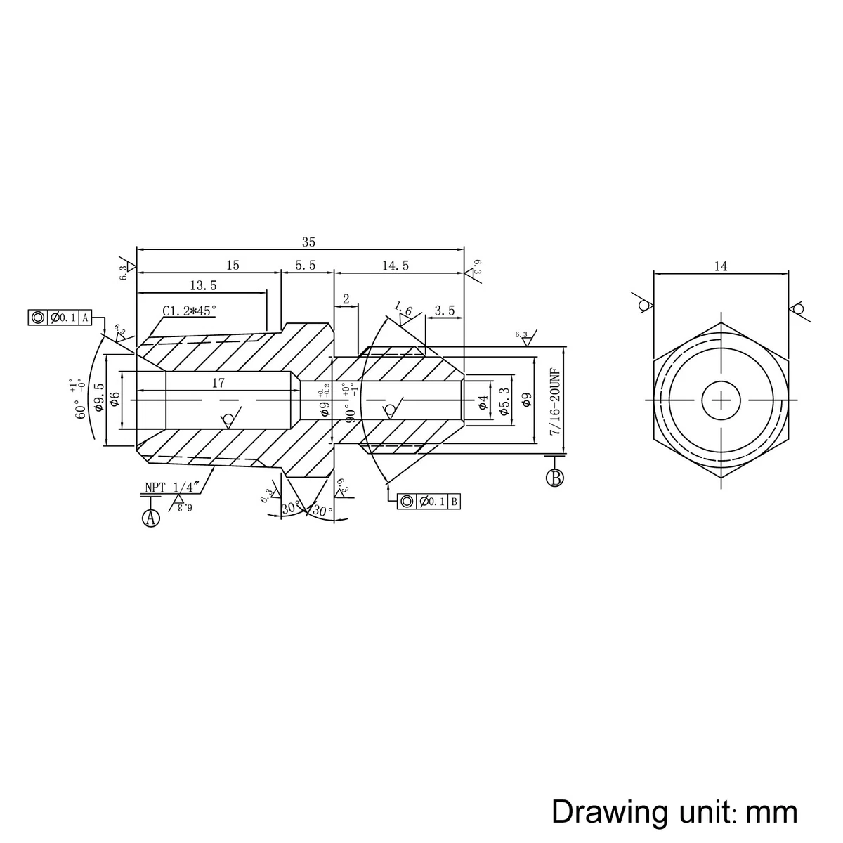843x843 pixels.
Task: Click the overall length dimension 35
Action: (308, 242)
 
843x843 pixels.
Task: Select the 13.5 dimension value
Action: (204, 285)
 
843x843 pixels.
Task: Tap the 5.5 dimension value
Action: (306, 266)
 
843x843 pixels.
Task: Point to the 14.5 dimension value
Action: (396, 266)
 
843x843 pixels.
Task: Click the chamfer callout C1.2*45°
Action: (190, 311)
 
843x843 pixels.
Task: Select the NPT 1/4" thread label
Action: (173, 486)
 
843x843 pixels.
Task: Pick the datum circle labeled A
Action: (151, 518)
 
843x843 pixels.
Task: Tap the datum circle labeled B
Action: (555, 478)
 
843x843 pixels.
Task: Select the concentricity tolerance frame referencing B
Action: (429, 501)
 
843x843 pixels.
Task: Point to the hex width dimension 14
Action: (721, 266)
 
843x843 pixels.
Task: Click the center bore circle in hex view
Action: (721, 400)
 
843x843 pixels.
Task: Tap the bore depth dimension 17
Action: (218, 384)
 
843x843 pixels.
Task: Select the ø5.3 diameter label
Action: (504, 402)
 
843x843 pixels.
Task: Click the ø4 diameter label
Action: (483, 402)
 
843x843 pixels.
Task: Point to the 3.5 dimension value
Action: (444, 311)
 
